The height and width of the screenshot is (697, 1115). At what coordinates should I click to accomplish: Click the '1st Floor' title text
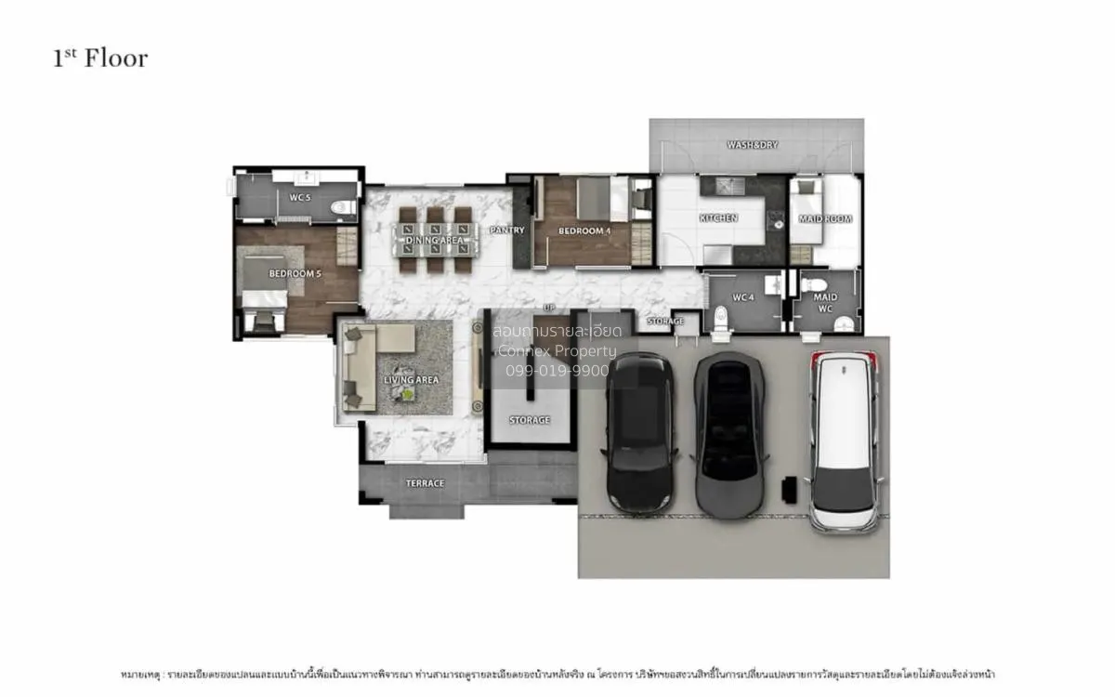[100, 59]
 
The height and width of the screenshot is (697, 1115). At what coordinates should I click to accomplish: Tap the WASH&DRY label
[752, 145]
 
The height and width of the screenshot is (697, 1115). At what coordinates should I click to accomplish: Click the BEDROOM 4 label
[583, 230]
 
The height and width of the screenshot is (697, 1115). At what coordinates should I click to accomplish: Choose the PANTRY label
[507, 230]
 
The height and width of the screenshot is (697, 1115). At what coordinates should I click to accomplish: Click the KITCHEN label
[718, 218]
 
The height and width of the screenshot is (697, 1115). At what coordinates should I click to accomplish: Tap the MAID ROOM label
[825, 219]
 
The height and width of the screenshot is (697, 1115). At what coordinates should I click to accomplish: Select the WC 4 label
[742, 297]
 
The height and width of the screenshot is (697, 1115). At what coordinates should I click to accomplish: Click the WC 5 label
[299, 198]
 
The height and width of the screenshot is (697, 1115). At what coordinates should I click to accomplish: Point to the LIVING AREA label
[411, 380]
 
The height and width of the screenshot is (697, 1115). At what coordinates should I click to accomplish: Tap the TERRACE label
[425, 483]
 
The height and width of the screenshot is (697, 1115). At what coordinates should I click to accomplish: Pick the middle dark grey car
[730, 432]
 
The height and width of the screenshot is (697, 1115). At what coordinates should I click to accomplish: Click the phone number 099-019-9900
[557, 370]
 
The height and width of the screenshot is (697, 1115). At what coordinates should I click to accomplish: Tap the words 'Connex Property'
[557, 350]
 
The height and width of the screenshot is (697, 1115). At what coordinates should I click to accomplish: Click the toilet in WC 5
[343, 207]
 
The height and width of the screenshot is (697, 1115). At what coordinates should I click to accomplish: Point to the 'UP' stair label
[549, 307]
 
